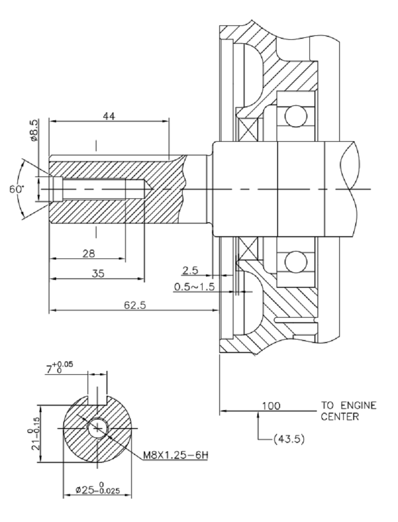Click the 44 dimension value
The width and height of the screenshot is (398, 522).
click(109, 115)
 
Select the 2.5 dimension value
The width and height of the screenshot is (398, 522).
click(190, 270)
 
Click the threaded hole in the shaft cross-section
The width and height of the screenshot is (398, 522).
click(97, 428)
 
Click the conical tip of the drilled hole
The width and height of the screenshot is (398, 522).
click(148, 189)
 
